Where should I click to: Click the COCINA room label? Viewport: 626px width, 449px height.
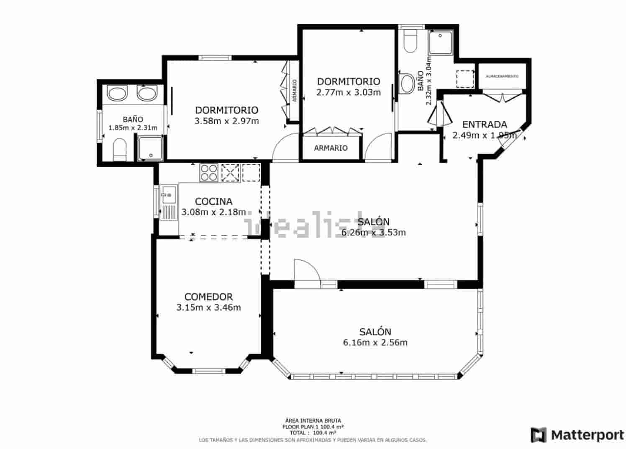coord(213,201)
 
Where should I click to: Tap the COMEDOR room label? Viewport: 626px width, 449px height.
coord(208,297)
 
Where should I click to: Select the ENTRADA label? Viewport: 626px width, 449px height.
coord(485,125)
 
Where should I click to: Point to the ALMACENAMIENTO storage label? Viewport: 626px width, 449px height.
coord(502,76)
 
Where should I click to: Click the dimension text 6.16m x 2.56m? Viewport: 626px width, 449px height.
coord(375,343)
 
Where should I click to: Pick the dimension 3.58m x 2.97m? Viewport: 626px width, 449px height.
coord(226,121)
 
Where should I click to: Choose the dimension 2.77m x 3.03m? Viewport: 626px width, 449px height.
coord(349,92)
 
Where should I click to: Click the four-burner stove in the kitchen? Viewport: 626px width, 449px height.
coord(209,172)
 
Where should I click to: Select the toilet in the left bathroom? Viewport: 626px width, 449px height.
coord(120,150)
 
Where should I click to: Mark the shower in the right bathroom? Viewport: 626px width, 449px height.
coord(441,42)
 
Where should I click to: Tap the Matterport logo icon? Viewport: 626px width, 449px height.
coord(539,435)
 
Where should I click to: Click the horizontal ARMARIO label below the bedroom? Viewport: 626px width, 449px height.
coord(331,148)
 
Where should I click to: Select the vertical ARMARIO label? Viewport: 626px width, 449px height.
coord(295,91)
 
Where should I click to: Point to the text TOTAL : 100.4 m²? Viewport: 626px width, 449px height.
coord(313,432)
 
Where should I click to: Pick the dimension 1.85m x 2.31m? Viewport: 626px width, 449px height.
coord(133,128)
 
